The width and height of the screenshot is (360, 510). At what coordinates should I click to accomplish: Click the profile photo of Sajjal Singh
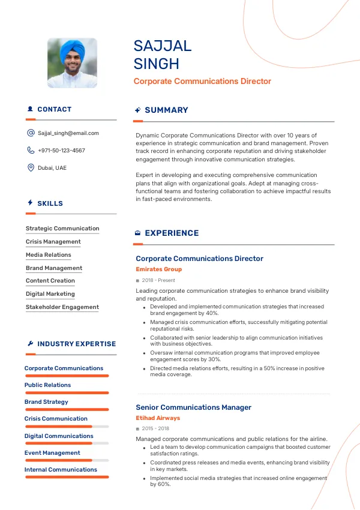(x=72, y=63)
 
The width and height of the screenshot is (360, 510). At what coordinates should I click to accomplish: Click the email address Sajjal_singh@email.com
(x=68, y=133)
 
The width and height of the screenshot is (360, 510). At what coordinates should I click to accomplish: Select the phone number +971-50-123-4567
(x=61, y=151)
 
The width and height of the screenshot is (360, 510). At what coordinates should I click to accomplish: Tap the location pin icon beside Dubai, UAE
(x=31, y=168)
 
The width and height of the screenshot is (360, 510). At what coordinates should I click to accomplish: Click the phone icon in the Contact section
(x=31, y=151)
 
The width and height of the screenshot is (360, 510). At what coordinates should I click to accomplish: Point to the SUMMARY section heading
(x=166, y=110)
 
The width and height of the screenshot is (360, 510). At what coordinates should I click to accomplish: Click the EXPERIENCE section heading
(x=172, y=233)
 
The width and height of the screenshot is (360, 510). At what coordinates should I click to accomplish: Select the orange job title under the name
(x=202, y=81)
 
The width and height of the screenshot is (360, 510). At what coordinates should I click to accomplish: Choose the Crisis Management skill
(x=53, y=242)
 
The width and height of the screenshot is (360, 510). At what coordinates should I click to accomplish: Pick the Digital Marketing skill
(x=50, y=294)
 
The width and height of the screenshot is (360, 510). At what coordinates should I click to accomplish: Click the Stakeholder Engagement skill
(x=62, y=307)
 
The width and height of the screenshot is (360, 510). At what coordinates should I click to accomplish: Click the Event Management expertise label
(x=52, y=453)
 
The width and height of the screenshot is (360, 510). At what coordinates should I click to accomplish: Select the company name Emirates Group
(x=158, y=269)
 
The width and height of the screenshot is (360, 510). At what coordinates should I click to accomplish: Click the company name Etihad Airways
(x=158, y=418)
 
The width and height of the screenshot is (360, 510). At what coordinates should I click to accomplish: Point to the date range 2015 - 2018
(x=155, y=429)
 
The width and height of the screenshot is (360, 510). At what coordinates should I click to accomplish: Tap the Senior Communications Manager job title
(x=193, y=407)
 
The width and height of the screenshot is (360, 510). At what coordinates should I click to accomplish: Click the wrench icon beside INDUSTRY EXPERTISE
(x=30, y=344)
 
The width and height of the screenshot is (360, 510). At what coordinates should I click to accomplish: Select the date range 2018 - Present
(x=158, y=280)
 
